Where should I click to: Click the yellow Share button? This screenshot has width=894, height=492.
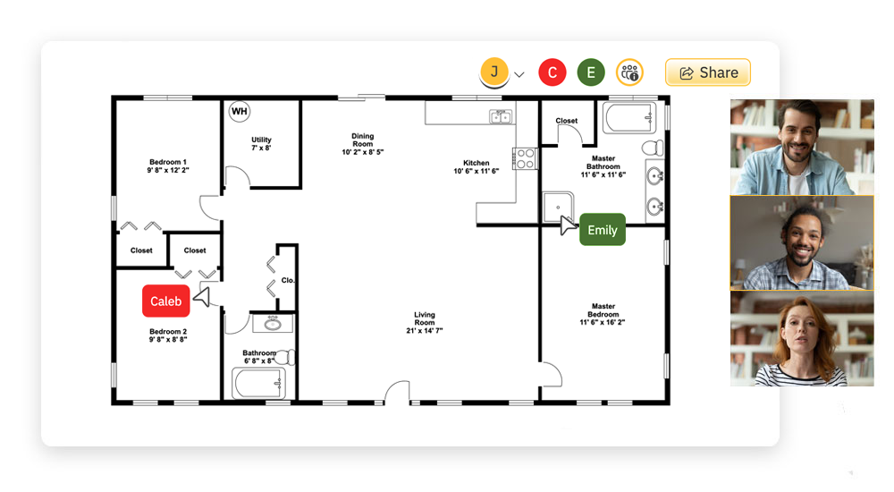pyautogui.click(x=707, y=72)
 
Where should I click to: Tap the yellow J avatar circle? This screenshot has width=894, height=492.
pyautogui.click(x=494, y=72)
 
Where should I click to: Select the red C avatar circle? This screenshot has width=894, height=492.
pyautogui.click(x=552, y=72)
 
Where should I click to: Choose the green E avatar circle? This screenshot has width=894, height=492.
pyautogui.click(x=590, y=72)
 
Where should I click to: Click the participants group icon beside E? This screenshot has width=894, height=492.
pyautogui.click(x=629, y=72)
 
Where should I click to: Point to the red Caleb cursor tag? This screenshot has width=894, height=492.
pyautogui.click(x=166, y=301)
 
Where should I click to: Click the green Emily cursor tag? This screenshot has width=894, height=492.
pyautogui.click(x=603, y=230)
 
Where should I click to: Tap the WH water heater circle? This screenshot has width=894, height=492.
pyautogui.click(x=239, y=111)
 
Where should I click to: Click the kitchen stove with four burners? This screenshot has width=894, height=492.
pyautogui.click(x=525, y=158)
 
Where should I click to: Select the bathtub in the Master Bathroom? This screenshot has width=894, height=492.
pyautogui.click(x=629, y=118)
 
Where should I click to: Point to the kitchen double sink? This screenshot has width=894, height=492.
pyautogui.click(x=500, y=117)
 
